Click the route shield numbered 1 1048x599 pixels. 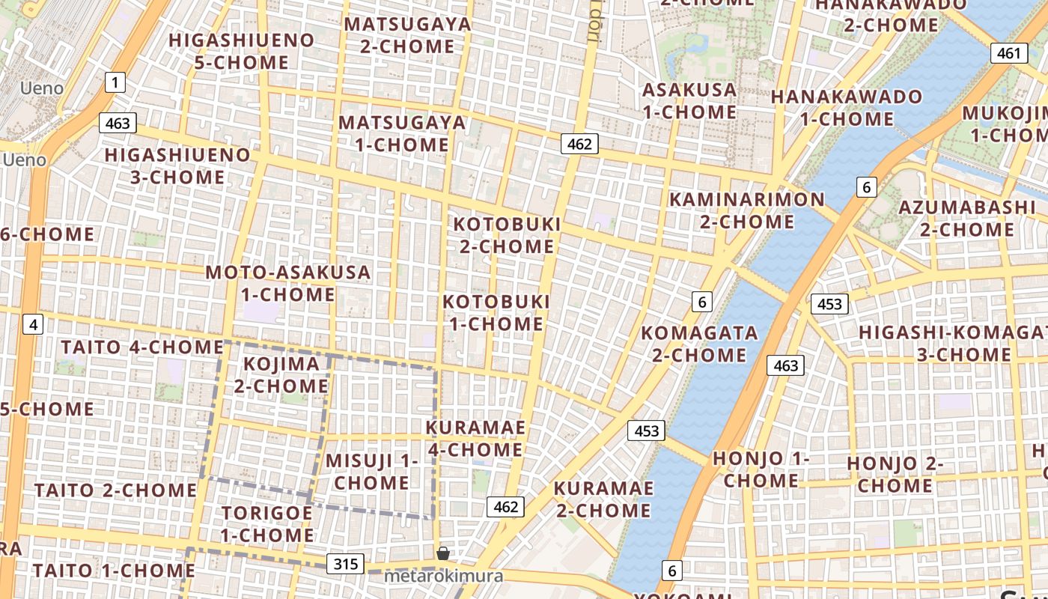[x=115, y=82]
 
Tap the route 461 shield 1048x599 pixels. [x=1008, y=53]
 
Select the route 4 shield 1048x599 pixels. [x=33, y=325]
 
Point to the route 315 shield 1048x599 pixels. [x=345, y=564]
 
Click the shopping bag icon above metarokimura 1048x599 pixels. [x=443, y=553]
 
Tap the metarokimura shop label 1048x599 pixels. [x=443, y=577]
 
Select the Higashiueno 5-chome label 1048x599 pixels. [x=241, y=51]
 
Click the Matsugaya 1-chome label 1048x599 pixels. [x=402, y=133]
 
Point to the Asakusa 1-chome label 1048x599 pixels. [x=689, y=101]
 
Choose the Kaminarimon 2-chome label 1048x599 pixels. [x=746, y=210]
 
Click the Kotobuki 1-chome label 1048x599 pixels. [x=496, y=313]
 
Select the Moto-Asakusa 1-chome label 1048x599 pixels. [x=288, y=283]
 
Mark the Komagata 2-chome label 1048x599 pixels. [x=699, y=343]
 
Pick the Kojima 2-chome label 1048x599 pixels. [x=281, y=375]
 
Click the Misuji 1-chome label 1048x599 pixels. [x=371, y=472]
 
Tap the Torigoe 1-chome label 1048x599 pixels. [x=267, y=524]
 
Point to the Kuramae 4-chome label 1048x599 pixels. [x=475, y=439]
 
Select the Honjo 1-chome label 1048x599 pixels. [x=761, y=469]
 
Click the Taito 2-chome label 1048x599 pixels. [x=115, y=490]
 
